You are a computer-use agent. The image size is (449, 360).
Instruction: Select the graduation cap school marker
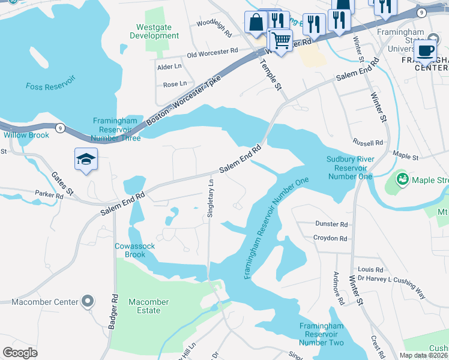click(86, 160)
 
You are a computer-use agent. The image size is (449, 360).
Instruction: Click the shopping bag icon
click(256, 22)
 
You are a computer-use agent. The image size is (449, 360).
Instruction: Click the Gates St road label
click(62, 182)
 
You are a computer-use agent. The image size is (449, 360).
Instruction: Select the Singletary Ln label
click(211, 201)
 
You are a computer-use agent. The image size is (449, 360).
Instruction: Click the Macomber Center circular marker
click(88, 301)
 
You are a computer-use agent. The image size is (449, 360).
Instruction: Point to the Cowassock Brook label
click(130, 250)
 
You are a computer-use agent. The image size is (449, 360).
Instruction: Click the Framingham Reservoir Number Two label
click(322, 334)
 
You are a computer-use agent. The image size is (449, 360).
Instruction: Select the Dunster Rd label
click(331, 224)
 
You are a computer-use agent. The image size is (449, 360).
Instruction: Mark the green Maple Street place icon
click(402, 179)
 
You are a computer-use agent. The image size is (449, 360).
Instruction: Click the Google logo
click(20, 352)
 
